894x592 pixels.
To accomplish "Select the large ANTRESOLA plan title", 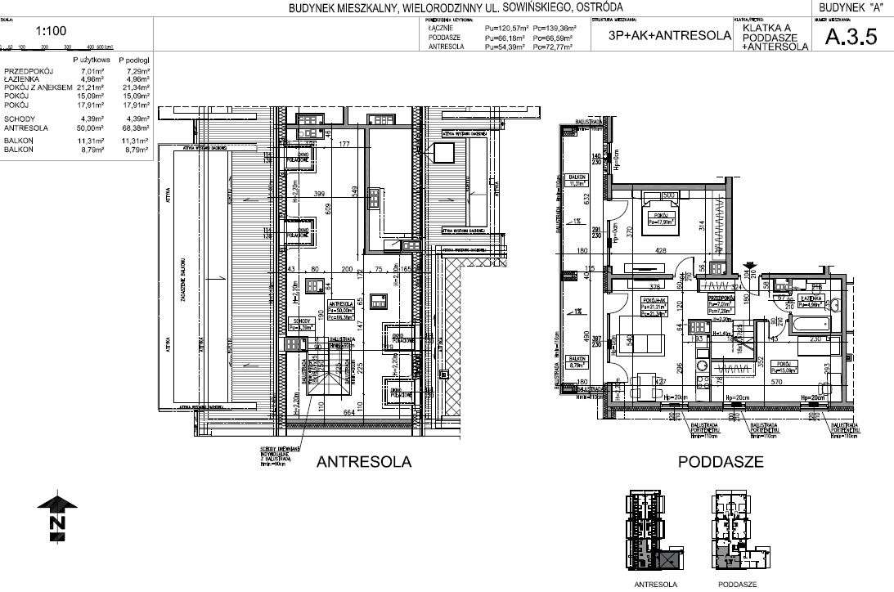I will point(363,462).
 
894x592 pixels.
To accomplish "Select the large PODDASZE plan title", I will point(721,462).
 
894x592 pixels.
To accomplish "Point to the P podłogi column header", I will point(133,61).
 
